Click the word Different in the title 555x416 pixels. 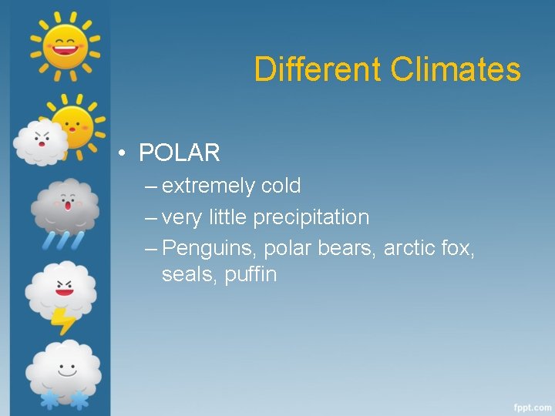click(x=318, y=69)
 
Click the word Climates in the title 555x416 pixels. click(x=456, y=69)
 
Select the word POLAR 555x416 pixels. click(x=179, y=153)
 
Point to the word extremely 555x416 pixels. click(x=208, y=186)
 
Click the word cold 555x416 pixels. click(x=281, y=186)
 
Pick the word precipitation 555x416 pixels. click(x=311, y=218)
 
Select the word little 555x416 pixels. click(x=227, y=218)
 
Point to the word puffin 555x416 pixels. click(x=251, y=274)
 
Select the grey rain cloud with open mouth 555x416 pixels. click(x=66, y=206)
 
